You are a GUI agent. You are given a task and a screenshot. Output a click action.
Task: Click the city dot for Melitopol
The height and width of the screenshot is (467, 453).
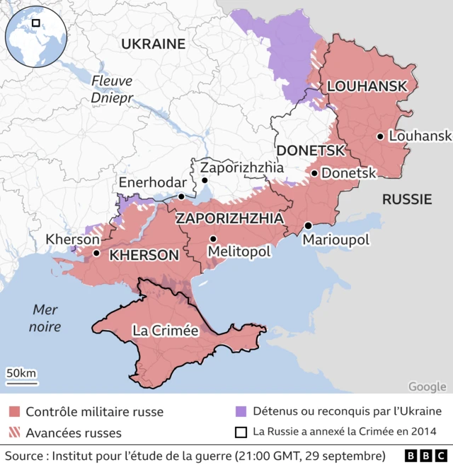pyautogui.click(x=213, y=239)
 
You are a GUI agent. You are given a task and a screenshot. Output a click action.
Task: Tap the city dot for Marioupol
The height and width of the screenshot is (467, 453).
pyautogui.click(x=308, y=225)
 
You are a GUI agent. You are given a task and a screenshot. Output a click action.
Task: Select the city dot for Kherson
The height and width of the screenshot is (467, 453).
pyautogui.click(x=96, y=252)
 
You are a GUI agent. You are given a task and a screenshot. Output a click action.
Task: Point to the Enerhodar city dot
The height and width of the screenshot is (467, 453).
pyautogui.click(x=181, y=196)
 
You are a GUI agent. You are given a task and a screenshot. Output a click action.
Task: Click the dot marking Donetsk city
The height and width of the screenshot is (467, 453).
pyautogui.click(x=314, y=172)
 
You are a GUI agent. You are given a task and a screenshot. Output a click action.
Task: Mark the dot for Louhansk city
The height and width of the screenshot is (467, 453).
pyautogui.click(x=381, y=136)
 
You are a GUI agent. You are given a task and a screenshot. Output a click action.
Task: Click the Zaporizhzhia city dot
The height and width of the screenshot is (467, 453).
pyautogui.click(x=205, y=180)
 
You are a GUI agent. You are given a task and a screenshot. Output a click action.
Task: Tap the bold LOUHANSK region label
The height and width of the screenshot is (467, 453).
pyautogui.click(x=367, y=86)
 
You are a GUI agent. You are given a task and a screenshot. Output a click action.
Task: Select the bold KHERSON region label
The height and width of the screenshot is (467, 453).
pyautogui.click(x=144, y=255)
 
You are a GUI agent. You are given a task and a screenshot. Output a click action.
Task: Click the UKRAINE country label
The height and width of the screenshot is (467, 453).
pyautogui.click(x=153, y=44)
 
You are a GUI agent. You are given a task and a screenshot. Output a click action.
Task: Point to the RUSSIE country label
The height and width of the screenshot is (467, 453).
pyautogui.click(x=407, y=199)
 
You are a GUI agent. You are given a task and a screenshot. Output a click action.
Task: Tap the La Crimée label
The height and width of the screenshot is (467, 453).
pyautogui.click(x=166, y=330)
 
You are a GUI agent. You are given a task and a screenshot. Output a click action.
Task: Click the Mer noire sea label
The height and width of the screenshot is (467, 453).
pyautogui.click(x=46, y=318)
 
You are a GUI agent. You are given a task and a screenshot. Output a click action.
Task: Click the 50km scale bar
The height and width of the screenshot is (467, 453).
pyautogui.click(x=22, y=382)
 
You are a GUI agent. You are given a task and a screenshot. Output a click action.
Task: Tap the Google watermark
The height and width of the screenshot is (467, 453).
pyautogui.click(x=427, y=386)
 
